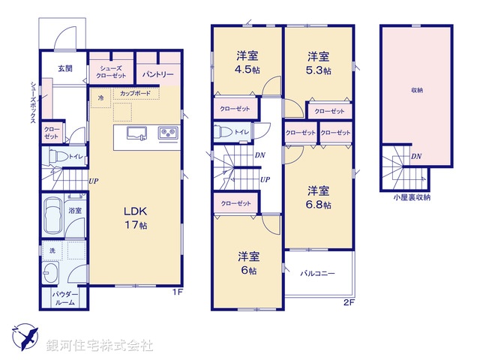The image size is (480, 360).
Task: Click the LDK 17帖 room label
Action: (x=136, y=217)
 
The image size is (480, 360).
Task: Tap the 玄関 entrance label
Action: (x=64, y=68)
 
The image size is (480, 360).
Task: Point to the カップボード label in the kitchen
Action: (x=135, y=94)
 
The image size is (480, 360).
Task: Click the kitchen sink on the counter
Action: (x=136, y=133)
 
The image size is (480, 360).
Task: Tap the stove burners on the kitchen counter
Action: (x=166, y=133)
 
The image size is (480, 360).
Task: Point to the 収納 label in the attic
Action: (x=416, y=90)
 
